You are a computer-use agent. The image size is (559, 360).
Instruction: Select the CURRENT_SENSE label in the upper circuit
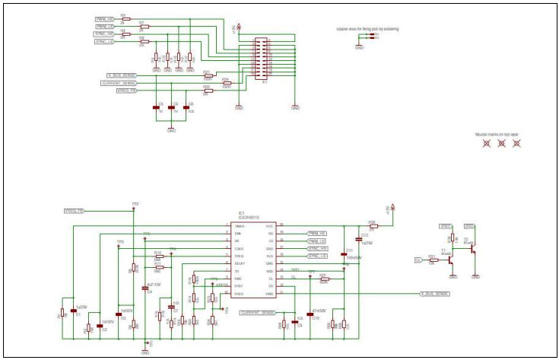point(117,83)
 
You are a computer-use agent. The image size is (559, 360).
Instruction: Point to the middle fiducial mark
point(501,143)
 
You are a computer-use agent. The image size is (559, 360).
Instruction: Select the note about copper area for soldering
point(367,29)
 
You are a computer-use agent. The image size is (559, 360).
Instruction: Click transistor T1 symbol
point(449,259)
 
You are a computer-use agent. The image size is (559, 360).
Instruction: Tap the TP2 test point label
point(135,204)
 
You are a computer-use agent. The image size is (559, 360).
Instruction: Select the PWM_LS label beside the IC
point(316,241)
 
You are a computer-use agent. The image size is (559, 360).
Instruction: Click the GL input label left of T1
point(418,260)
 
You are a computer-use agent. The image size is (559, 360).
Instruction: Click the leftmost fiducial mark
point(487,143)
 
